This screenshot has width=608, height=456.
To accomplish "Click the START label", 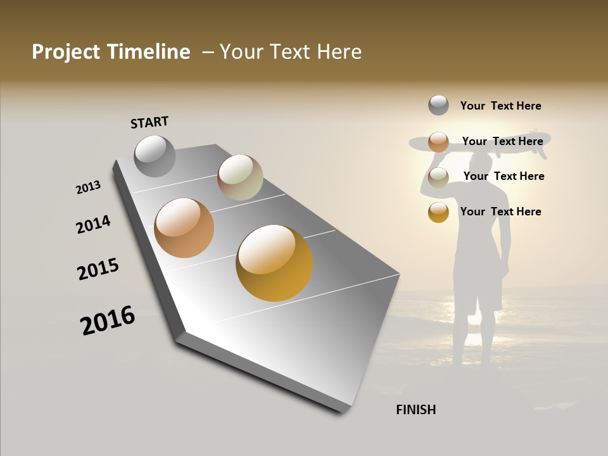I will pyautogui.click(x=149, y=122).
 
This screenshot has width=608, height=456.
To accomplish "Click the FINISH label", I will pyautogui.click(x=416, y=410).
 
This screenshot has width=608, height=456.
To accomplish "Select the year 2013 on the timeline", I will pyautogui.click(x=88, y=187).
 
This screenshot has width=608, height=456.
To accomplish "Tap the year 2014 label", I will pyautogui.click(x=93, y=224).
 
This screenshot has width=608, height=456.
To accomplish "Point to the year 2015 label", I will pyautogui.click(x=98, y=269).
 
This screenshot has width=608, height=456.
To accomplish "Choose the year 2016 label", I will pyautogui.click(x=108, y=320).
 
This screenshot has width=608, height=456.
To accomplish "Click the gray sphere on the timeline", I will pyautogui.click(x=155, y=156).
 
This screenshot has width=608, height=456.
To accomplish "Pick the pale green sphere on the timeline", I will pyautogui.click(x=240, y=177).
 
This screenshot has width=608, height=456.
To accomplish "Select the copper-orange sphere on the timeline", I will pyautogui.click(x=184, y=228).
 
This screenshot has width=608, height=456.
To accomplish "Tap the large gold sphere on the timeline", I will pyautogui.click(x=274, y=263).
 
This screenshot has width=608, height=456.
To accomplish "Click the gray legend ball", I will pyautogui.click(x=438, y=105).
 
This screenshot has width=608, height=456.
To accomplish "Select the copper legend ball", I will pyautogui.click(x=438, y=141).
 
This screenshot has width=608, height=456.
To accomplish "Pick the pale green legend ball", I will pyautogui.click(x=438, y=177).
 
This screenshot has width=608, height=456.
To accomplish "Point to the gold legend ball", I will pyautogui.click(x=438, y=212).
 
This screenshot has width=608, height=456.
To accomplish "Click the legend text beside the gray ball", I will pyautogui.click(x=500, y=106).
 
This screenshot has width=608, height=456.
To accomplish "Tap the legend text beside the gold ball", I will pyautogui.click(x=500, y=212).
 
